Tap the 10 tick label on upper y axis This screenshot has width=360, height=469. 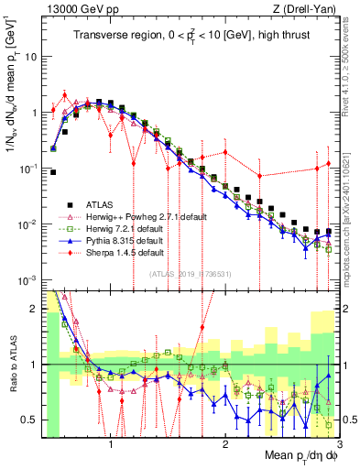tap(29, 56)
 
